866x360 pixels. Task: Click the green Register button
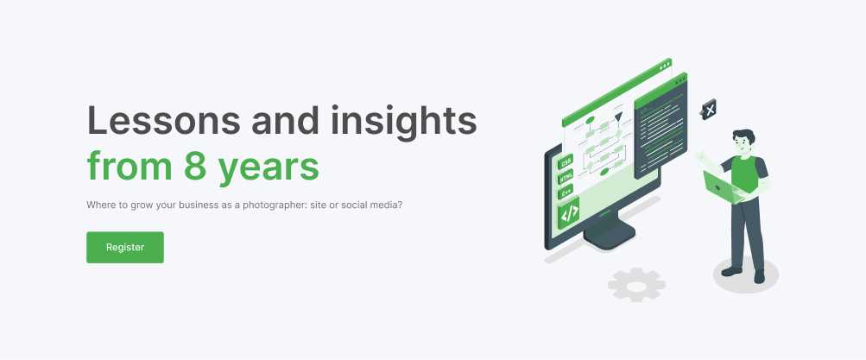point(125,248)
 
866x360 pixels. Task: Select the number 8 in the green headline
point(195,167)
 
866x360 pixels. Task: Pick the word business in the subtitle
point(167,205)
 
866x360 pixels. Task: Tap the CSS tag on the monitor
point(566,163)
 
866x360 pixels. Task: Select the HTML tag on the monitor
point(566,179)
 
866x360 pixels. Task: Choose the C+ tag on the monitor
point(566,193)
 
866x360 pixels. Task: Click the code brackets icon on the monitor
point(569,213)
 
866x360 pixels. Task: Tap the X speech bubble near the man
point(709,110)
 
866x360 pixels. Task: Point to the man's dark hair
point(743,136)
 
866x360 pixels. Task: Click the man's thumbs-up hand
point(701,155)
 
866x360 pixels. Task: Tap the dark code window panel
point(661,127)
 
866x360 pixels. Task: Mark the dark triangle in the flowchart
point(618,117)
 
